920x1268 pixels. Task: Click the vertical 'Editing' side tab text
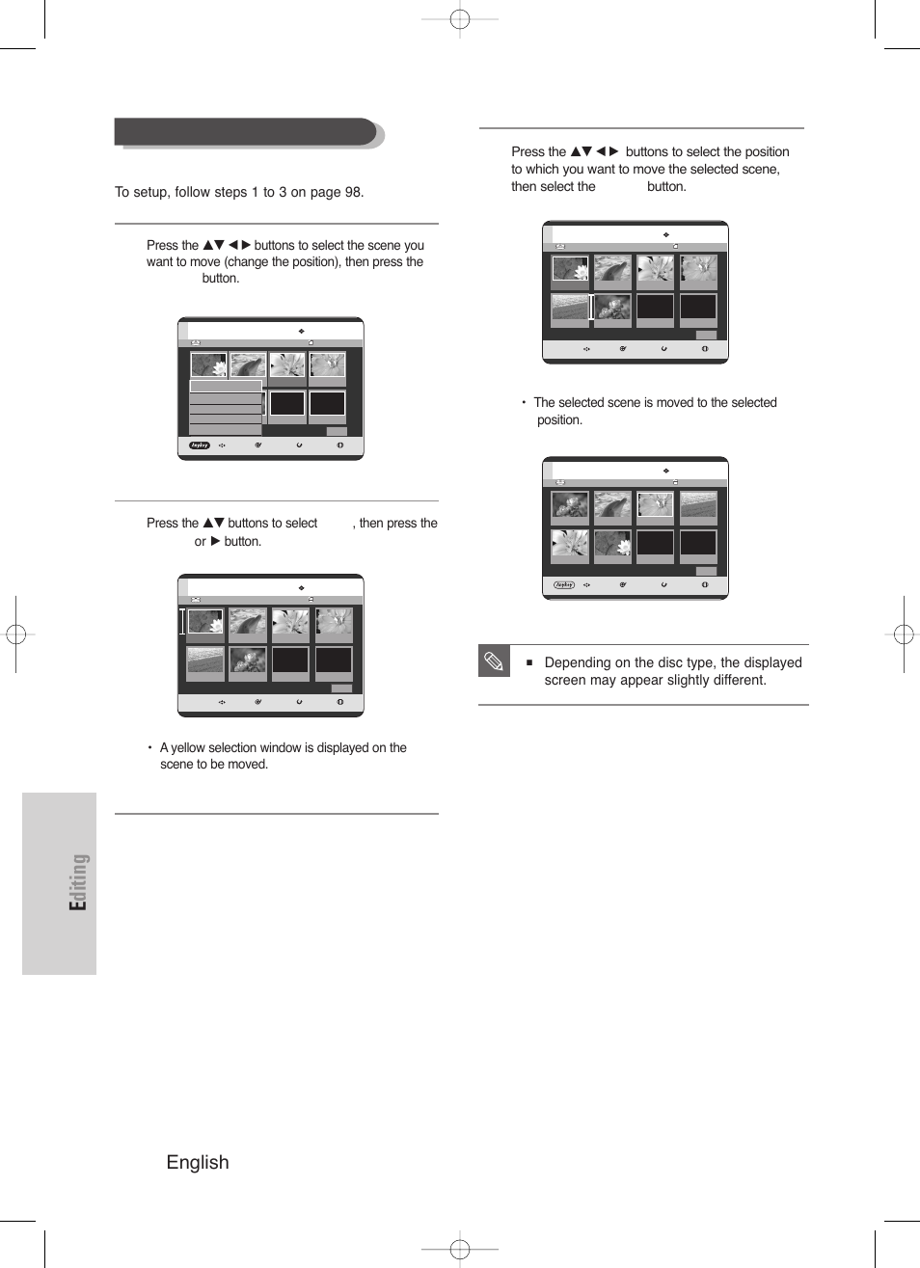pyautogui.click(x=78, y=882)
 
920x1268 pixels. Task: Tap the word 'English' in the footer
pyautogui.click(x=198, y=1162)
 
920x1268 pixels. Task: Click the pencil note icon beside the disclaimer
pyautogui.click(x=494, y=661)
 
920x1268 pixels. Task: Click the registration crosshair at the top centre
pyautogui.click(x=460, y=18)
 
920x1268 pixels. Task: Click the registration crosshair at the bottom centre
pyautogui.click(x=460, y=1250)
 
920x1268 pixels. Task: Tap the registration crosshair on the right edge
pyautogui.click(x=903, y=634)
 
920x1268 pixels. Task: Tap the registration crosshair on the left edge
pyautogui.click(x=16, y=634)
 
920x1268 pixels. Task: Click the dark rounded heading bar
pyautogui.click(x=246, y=132)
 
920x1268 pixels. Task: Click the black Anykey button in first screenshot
pyautogui.click(x=200, y=445)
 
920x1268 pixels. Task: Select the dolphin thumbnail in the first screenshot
pyautogui.click(x=248, y=365)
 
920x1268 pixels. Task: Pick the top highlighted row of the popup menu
pyautogui.click(x=226, y=386)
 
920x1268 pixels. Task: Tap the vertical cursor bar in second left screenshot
pyautogui.click(x=182, y=621)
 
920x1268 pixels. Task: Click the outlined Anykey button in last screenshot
pyautogui.click(x=564, y=584)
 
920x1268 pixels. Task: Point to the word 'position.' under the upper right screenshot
pyautogui.click(x=559, y=420)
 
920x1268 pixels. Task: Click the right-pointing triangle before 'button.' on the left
pyautogui.click(x=215, y=541)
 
